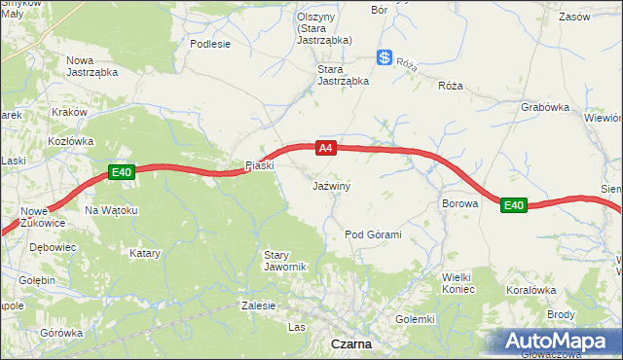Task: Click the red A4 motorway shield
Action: (x=326, y=148)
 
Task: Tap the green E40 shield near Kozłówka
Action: (x=120, y=172)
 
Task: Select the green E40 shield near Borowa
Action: (x=514, y=205)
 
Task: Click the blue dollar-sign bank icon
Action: (x=385, y=58)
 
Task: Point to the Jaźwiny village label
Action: (x=332, y=185)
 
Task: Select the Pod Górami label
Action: (x=374, y=235)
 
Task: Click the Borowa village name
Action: (x=459, y=204)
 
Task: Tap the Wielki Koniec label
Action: (x=458, y=283)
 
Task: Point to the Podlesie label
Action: (x=210, y=44)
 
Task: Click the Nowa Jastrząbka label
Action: (x=92, y=66)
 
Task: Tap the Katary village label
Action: (x=145, y=253)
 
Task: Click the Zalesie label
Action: (x=259, y=305)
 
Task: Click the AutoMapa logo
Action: (x=559, y=341)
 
